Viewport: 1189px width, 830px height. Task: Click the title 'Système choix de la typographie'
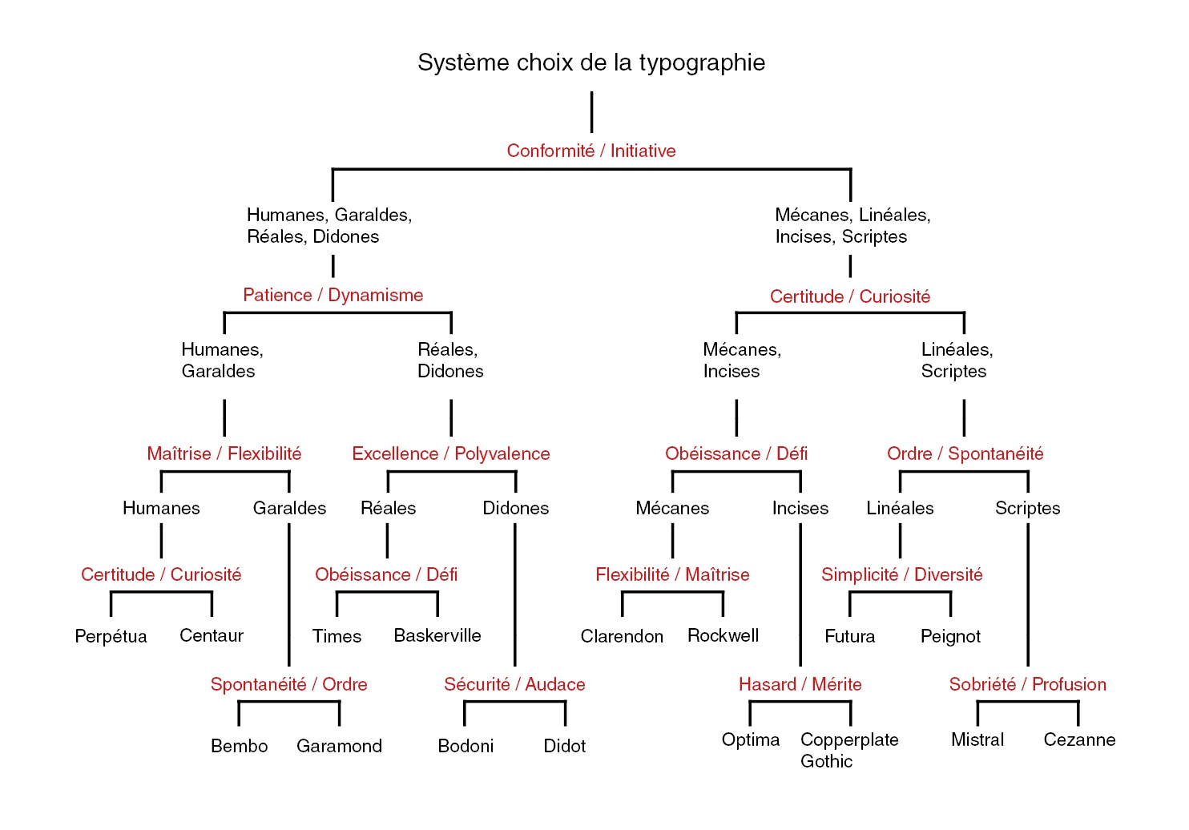(591, 62)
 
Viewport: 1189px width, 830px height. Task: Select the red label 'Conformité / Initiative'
(591, 151)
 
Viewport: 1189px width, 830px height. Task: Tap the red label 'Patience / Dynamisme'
(333, 295)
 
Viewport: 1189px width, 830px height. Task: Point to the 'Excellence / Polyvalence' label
(451, 453)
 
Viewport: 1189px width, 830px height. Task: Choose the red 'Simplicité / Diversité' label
(901, 574)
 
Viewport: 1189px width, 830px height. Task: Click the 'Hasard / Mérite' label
(800, 684)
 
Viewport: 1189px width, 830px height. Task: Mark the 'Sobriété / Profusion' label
(1027, 684)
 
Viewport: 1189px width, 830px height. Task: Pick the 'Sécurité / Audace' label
(514, 684)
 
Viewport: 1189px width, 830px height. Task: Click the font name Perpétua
(111, 636)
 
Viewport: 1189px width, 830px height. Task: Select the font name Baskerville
(437, 635)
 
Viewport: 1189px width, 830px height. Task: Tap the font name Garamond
(339, 746)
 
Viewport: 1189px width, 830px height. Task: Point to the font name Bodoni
(466, 746)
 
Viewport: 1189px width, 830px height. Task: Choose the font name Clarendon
(622, 636)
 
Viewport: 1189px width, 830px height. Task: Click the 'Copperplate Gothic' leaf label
(848, 750)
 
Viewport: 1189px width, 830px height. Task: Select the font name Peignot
(950, 636)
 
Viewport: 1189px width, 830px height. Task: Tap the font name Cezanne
(1079, 739)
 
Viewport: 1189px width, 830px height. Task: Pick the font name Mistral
(977, 739)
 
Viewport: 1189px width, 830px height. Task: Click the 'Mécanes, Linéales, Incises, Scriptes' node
(852, 225)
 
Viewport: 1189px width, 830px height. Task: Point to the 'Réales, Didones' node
(450, 360)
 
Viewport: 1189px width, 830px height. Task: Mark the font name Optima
(750, 739)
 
